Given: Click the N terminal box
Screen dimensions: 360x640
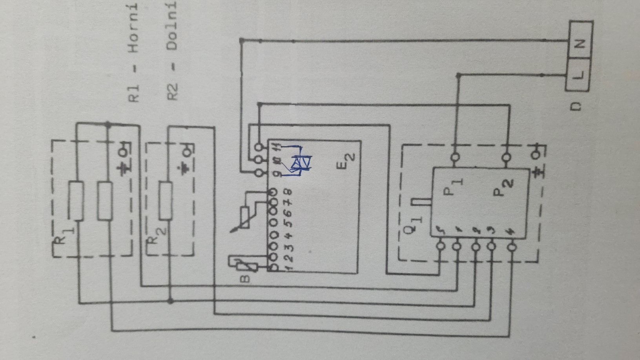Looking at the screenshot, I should point(580,42).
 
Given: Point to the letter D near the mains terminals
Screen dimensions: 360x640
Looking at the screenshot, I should point(576,107).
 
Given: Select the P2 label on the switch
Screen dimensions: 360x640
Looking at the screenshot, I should point(503,187).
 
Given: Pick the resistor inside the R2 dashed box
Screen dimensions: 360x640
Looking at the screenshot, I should point(166,200).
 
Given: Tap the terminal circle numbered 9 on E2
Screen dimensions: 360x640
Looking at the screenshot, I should point(259,172).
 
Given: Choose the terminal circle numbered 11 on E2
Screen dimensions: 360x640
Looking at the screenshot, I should point(259,147).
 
